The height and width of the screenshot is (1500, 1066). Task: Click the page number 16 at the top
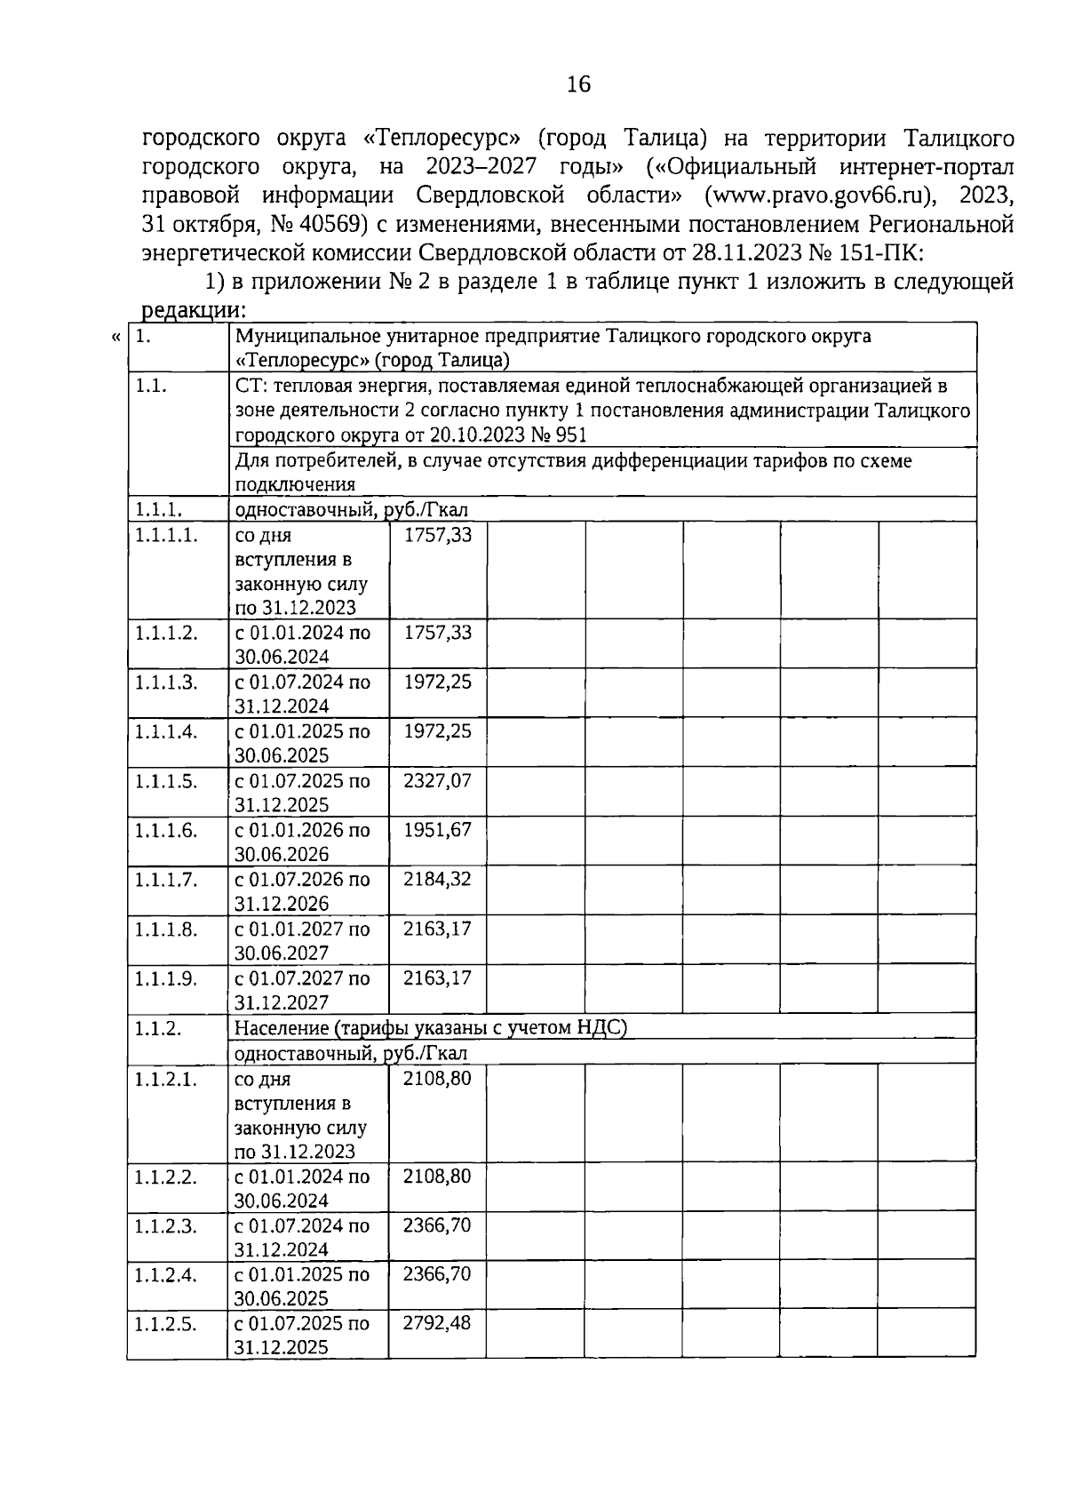click(577, 84)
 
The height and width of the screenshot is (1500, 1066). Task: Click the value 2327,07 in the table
click(437, 780)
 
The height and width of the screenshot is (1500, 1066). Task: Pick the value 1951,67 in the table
click(437, 830)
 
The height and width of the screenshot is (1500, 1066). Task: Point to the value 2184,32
click(437, 879)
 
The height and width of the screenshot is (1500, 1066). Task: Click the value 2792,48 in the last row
click(437, 1322)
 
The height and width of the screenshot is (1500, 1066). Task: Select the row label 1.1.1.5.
click(166, 780)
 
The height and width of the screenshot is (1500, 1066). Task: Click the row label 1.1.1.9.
click(166, 977)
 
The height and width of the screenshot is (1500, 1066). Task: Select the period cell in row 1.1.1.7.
click(302, 890)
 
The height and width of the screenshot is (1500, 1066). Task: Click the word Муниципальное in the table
click(297, 337)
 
